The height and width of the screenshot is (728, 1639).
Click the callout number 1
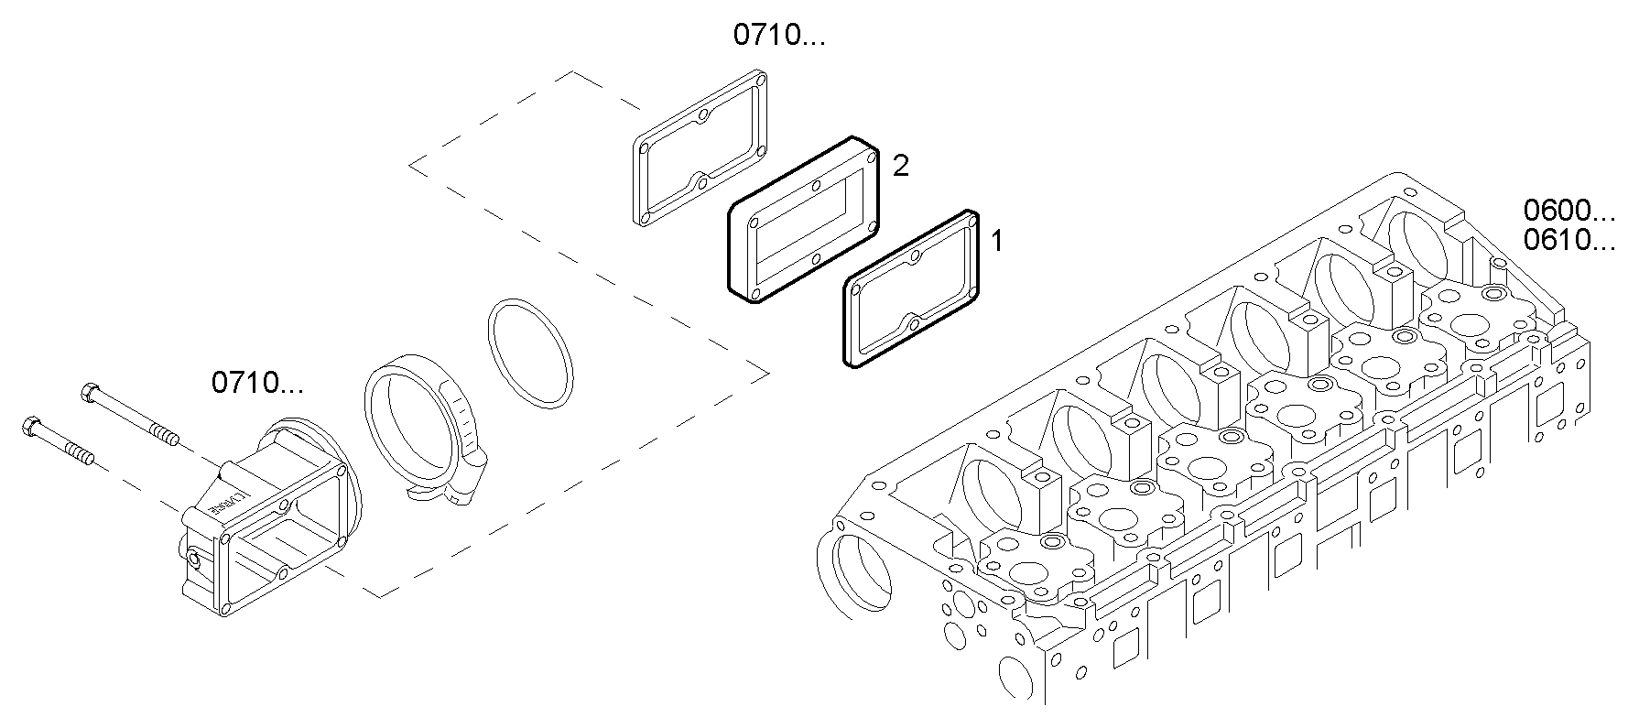point(997,242)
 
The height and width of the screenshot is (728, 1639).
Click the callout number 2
point(901,166)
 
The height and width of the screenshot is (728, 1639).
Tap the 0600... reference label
point(1568,211)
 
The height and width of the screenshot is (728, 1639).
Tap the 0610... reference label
point(1568,241)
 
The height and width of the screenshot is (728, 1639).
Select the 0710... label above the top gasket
point(778,36)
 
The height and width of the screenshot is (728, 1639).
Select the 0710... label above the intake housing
point(257,383)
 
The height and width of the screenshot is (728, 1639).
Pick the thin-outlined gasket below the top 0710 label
point(641,183)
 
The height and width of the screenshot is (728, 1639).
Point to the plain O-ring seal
point(530,351)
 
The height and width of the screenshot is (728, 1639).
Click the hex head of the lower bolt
point(28,427)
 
